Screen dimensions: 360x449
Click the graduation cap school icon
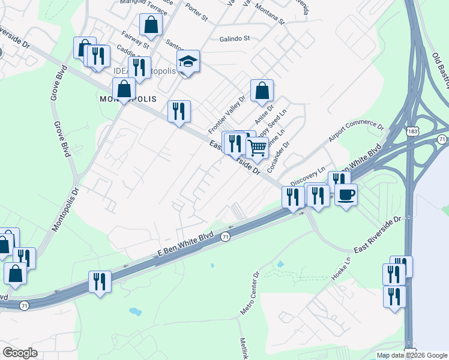[188, 62]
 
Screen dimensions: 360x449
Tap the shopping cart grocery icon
[257, 146]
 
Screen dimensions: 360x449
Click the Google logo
[20, 353]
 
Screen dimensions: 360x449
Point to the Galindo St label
[234, 39]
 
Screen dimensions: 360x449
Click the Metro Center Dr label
[249, 293]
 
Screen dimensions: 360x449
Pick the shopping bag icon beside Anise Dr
[262, 91]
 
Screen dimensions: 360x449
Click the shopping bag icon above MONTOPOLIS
[124, 89]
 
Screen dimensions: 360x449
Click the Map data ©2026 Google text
[412, 355]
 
